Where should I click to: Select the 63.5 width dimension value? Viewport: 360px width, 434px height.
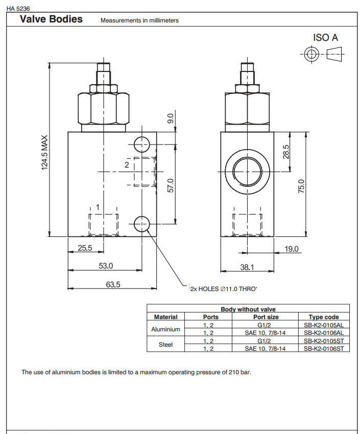tap(113, 284)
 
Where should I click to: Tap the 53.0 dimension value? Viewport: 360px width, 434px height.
tap(106, 266)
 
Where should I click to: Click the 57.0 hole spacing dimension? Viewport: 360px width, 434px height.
tap(172, 185)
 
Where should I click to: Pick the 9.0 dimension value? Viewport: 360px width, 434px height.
tap(172, 118)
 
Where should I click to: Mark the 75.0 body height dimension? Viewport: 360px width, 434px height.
tap(301, 186)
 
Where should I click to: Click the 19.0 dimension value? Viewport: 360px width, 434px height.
tap(291, 249)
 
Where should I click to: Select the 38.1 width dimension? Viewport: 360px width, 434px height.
tap(247, 267)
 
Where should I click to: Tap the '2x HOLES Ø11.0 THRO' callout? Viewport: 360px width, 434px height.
tap(223, 289)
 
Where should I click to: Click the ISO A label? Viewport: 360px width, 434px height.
tap(325, 37)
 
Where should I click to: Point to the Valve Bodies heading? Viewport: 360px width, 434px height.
tap(51, 19)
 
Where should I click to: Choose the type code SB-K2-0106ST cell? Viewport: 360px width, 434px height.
tap(324, 348)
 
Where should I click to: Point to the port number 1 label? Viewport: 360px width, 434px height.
tap(98, 206)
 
